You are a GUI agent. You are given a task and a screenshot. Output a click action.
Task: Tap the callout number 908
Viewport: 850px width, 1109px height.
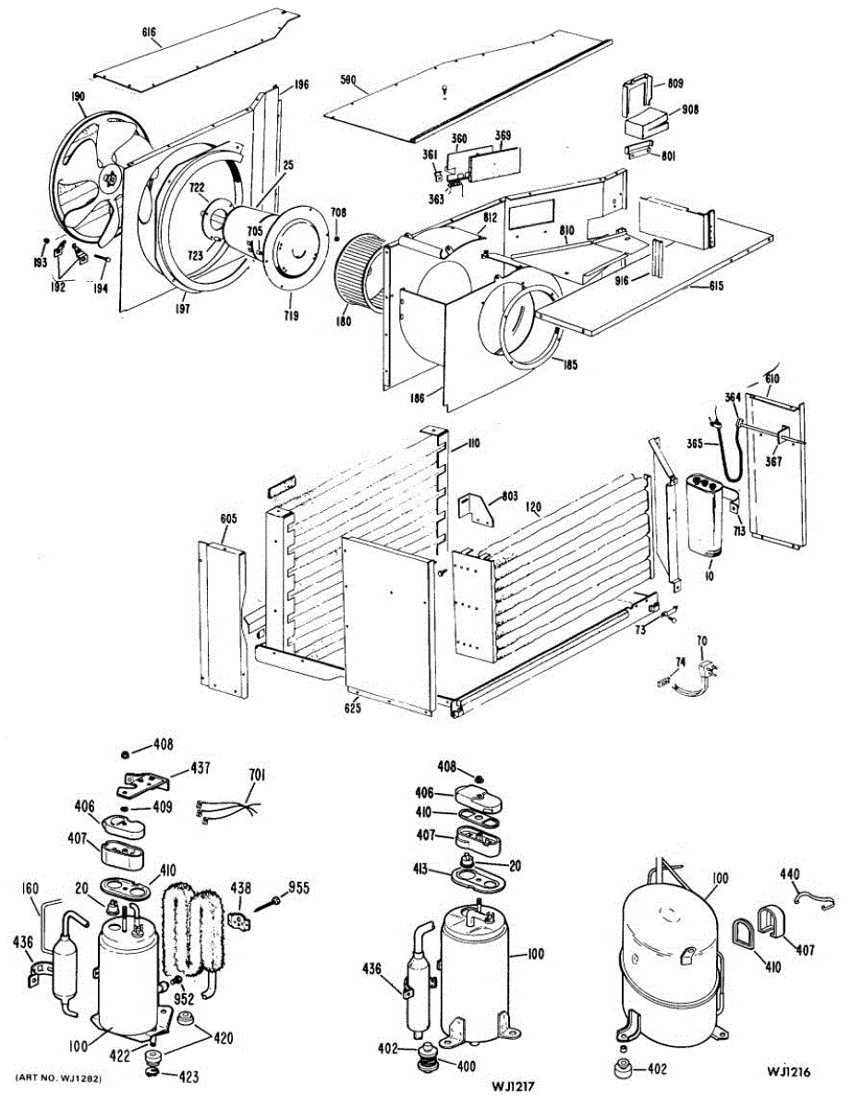pos(689,110)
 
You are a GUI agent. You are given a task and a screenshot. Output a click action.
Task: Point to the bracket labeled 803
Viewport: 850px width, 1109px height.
pos(480,506)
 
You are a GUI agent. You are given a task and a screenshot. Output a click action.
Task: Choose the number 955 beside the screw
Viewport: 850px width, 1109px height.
pos(299,888)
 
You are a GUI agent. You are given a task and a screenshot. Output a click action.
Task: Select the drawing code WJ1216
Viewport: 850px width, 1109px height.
pos(787,1072)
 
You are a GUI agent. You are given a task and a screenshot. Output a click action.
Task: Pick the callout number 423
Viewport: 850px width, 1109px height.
pos(188,1076)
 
